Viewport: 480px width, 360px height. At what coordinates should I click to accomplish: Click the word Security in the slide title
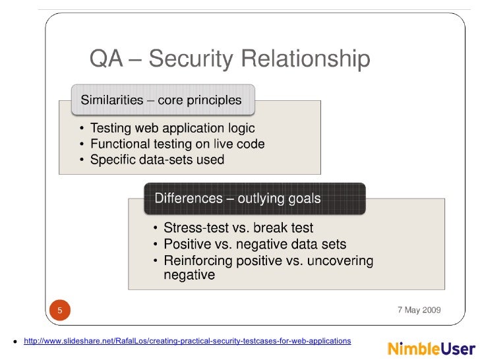click(x=191, y=59)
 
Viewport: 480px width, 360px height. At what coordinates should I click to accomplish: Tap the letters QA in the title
click(x=106, y=58)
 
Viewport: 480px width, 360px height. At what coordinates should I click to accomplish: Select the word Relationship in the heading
click(x=306, y=59)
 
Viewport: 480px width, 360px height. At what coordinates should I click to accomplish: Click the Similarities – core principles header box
click(x=163, y=100)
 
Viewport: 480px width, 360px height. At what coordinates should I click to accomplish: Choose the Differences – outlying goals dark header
click(x=255, y=198)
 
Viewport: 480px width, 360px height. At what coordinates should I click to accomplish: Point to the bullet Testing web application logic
click(x=173, y=129)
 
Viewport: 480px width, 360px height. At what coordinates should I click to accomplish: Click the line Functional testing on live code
click(x=177, y=144)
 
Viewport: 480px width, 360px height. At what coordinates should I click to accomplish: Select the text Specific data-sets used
click(x=158, y=160)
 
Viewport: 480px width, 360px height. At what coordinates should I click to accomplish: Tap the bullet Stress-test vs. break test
click(x=239, y=227)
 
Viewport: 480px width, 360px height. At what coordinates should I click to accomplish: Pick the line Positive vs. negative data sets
click(x=255, y=244)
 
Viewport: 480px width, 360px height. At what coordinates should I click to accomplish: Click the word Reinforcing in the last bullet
click(x=198, y=261)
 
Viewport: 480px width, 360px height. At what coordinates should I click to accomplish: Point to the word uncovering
click(x=340, y=261)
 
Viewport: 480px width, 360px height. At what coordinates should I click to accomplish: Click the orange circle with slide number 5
click(x=60, y=310)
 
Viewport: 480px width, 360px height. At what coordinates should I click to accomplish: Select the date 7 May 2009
click(x=419, y=310)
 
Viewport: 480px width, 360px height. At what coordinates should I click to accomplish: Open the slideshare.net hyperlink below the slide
click(x=187, y=341)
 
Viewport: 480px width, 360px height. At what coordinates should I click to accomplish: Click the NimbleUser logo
click(x=431, y=349)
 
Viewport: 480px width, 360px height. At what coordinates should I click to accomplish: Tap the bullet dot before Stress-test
click(x=156, y=228)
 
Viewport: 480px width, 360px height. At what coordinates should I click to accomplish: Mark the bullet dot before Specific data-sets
click(x=82, y=160)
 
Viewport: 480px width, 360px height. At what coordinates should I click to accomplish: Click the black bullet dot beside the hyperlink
click(x=15, y=342)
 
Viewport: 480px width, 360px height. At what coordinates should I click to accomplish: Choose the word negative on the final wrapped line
click(x=189, y=275)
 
